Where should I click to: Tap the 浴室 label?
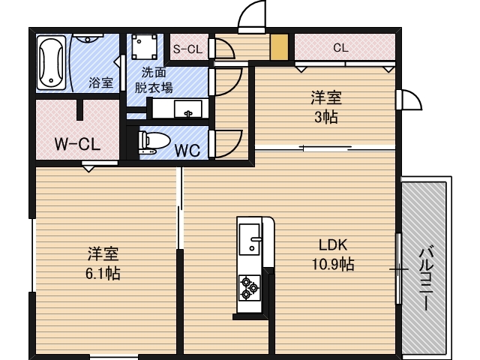point(100,82)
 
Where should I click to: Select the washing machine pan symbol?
point(144,48)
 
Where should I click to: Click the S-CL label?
point(187,49)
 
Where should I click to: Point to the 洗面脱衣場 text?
point(153,79)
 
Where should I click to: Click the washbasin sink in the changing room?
point(187,110)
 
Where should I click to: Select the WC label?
point(187,148)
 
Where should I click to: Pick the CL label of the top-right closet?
point(340,47)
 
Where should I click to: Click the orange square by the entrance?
point(279,47)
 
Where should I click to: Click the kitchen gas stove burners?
point(249,288)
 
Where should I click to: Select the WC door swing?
point(227,142)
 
